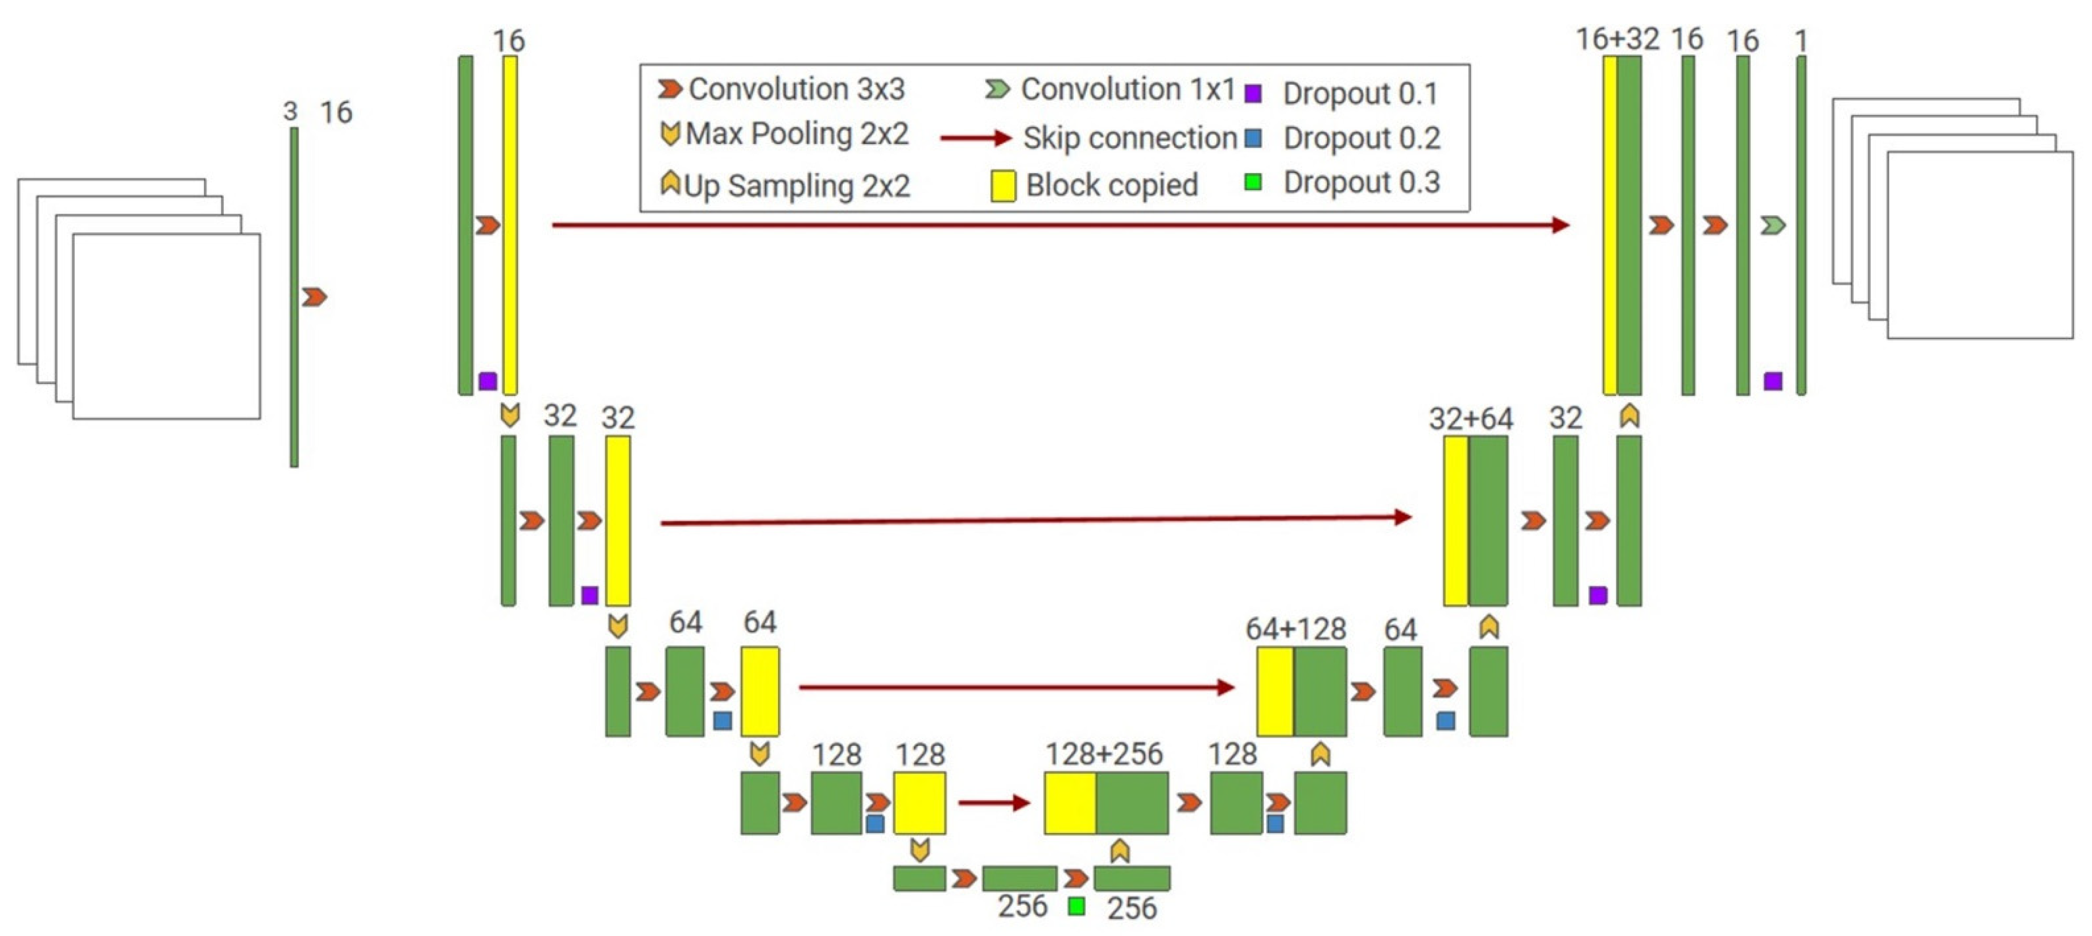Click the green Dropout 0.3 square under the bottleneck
point(1076,906)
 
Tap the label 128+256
point(1104,754)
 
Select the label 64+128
point(1295,629)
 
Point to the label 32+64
point(1471,419)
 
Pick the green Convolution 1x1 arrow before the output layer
point(1773,225)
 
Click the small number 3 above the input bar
point(290,111)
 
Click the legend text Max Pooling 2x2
point(796,134)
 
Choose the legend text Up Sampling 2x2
point(796,186)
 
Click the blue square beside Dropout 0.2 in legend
point(1253,138)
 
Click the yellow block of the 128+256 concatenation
point(1070,803)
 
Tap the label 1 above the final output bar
point(1800,41)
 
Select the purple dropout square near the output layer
point(1773,381)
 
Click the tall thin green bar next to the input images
point(294,297)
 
